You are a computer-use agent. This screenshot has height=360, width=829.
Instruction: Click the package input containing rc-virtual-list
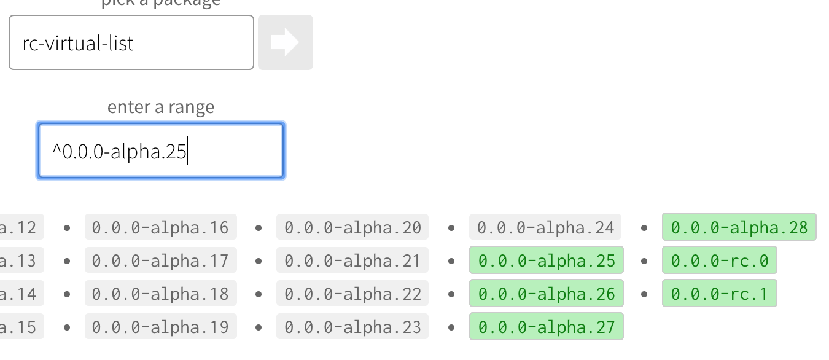click(131, 43)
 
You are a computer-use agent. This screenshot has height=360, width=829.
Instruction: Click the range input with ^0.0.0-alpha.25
click(160, 151)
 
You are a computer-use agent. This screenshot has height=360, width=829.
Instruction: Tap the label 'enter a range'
click(161, 107)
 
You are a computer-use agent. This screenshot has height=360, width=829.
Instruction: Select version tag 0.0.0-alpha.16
click(160, 227)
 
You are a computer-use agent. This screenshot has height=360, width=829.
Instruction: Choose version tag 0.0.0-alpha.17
click(160, 260)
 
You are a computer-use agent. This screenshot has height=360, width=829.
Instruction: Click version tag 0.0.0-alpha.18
click(160, 294)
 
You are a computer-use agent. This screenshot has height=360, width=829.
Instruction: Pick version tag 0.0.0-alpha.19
click(160, 326)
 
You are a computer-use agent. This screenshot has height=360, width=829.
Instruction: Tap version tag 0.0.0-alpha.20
click(352, 227)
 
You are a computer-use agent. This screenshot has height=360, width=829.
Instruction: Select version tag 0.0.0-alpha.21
click(352, 260)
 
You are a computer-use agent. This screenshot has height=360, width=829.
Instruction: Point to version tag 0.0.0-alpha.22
click(352, 294)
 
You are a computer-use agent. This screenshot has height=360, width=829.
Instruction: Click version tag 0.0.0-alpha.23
click(352, 326)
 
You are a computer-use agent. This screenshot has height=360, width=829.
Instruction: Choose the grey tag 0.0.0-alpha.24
click(545, 227)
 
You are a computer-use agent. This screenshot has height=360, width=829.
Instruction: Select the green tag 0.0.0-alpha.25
click(547, 260)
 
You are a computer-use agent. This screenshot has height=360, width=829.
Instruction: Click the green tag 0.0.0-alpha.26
click(547, 294)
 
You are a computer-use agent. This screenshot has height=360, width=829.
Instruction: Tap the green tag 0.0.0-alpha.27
click(547, 326)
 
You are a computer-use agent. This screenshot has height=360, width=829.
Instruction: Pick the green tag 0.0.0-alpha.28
click(739, 227)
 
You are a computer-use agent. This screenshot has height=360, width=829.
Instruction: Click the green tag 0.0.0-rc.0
click(719, 260)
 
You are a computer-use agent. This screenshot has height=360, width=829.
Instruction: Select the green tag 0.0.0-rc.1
click(719, 294)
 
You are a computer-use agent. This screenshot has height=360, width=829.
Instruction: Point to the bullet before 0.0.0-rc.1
click(644, 294)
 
